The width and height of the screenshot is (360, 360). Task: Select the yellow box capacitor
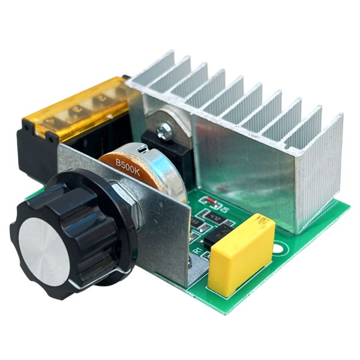pyautogui.click(x=240, y=255)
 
